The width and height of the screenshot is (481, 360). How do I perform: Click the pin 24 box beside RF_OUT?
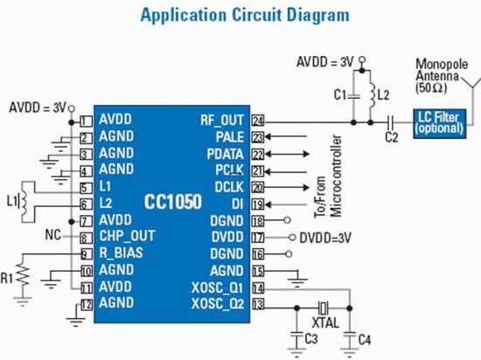pos(258,121)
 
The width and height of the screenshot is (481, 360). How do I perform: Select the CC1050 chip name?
pos(173,202)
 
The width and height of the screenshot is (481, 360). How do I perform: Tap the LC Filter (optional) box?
pos(440,123)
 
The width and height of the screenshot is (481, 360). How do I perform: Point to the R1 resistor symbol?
pos(24,274)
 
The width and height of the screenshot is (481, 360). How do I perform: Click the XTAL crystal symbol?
pos(324,308)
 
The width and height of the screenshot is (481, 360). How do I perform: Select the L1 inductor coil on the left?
pos(24,202)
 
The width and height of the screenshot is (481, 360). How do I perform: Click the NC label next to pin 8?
pos(53,235)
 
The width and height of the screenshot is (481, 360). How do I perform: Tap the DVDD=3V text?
pos(325,238)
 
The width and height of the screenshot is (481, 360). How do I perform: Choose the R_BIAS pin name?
pos(122,253)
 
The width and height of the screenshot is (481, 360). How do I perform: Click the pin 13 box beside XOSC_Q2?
pos(258,304)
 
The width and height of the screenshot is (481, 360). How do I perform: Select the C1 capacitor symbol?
pos(353,96)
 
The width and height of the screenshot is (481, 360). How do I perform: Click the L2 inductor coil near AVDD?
pos(372,95)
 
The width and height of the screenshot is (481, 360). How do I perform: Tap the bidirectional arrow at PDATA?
pos(287,154)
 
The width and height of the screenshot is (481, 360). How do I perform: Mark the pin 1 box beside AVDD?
pos(87,121)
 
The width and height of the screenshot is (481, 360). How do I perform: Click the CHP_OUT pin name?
pos(127,236)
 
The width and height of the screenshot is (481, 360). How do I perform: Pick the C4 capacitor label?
pos(365,340)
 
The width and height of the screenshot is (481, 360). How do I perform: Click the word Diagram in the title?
pos(318,15)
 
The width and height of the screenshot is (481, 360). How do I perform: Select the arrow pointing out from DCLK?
pos(287,187)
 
